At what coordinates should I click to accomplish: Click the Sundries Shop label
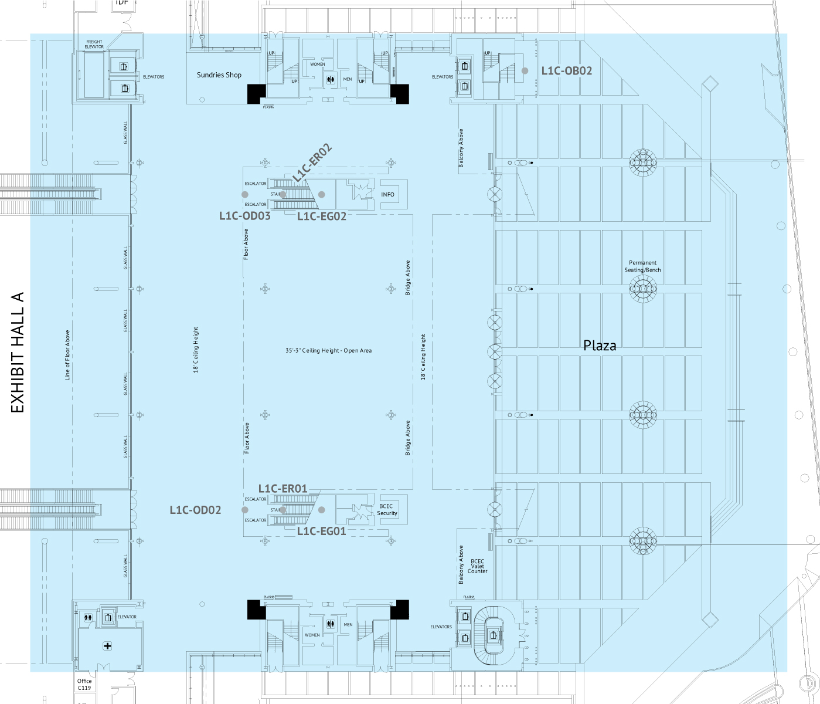tap(219, 75)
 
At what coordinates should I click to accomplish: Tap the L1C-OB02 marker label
tap(566, 71)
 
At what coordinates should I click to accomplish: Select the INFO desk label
tap(387, 195)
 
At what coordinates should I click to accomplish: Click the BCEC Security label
tap(387, 510)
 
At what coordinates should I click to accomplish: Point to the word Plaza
tap(600, 346)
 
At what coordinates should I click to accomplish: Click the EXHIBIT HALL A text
tap(18, 352)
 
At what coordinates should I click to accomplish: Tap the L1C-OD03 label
tap(245, 216)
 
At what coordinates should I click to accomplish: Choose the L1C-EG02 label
tap(322, 216)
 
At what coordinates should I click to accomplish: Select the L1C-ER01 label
tap(283, 489)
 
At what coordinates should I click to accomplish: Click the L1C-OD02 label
tap(195, 510)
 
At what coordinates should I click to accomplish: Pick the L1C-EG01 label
tap(321, 532)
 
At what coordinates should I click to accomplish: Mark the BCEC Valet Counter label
tap(478, 566)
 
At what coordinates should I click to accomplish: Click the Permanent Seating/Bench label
tap(642, 266)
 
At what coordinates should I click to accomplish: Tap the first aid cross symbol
tap(107, 646)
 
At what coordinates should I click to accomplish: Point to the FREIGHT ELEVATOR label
tap(94, 45)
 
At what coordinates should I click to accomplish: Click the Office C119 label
tap(84, 685)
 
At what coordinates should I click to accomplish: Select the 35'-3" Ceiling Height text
tap(328, 351)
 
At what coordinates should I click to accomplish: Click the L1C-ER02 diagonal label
tap(312, 163)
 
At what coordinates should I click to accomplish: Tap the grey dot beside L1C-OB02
tap(525, 71)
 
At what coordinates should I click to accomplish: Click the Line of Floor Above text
tap(67, 355)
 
